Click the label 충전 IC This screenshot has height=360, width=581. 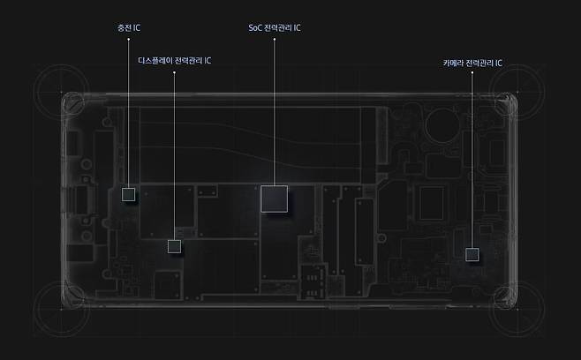pos(129,27)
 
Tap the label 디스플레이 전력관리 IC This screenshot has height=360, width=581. pos(175,60)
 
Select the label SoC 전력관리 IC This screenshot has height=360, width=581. pos(275,27)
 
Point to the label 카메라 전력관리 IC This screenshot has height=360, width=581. pos(472,63)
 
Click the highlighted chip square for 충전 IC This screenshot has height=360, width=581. pos(129,194)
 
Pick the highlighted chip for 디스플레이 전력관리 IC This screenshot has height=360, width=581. pos(174,246)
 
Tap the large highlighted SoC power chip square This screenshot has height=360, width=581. pos(275,199)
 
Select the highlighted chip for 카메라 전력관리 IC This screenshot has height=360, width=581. pos(472,254)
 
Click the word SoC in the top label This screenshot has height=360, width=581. pos(255,27)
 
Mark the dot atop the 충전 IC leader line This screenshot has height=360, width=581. pos(129,39)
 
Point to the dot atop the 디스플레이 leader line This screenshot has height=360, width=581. pos(174,72)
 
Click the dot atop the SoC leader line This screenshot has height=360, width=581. pos(275,39)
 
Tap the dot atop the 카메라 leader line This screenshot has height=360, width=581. pos(472,72)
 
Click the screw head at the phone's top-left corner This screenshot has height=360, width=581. pos(74,103)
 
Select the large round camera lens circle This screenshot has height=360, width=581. pos(442,124)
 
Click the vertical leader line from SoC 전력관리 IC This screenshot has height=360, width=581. pos(275,112)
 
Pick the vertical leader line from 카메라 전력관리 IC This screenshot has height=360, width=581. pos(472,160)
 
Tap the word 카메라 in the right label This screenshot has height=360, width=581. pos(453,63)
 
